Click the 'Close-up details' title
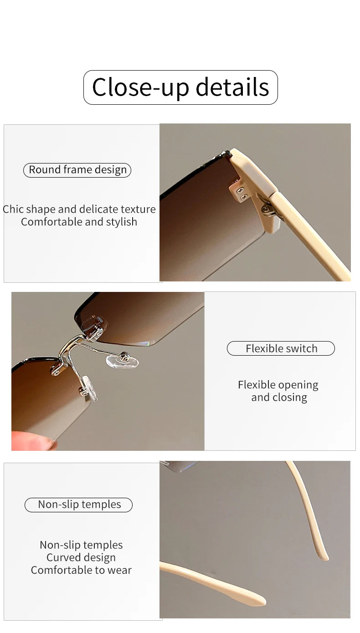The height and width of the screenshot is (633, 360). pos(180,87)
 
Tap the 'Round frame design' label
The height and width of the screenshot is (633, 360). pos(77,170)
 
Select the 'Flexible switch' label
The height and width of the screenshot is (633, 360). pos(281,348)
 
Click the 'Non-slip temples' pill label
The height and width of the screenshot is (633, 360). pos(79,505)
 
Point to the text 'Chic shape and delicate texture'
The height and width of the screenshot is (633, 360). pos(79,209)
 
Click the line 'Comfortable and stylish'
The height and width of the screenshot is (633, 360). pos(79,222)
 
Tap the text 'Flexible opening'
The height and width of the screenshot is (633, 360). pos(278,385)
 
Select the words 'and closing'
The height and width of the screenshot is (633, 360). pos(279,397)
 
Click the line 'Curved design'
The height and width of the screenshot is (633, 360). pos(81,557)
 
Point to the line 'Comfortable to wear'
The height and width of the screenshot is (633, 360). pos(81,570)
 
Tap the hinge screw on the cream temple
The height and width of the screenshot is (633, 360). pos(265,209)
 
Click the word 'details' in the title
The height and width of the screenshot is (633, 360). pos(232,87)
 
